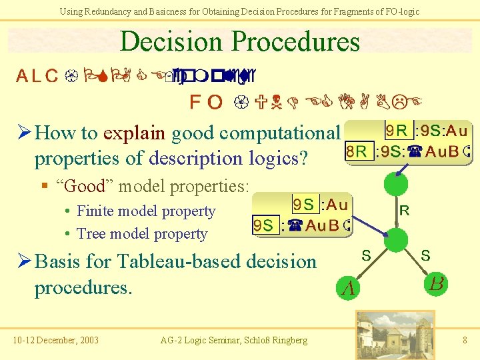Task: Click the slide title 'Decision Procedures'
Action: click(239, 41)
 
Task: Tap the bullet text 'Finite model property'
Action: click(146, 211)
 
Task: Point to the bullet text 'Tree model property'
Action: click(142, 234)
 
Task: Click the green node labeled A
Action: click(348, 287)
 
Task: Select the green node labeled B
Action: click(437, 283)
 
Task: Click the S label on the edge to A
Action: click(366, 255)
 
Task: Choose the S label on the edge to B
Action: click(426, 255)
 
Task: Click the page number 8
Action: click(465, 340)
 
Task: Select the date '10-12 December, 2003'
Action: click(55, 341)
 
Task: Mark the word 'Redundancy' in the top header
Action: click(115, 11)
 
